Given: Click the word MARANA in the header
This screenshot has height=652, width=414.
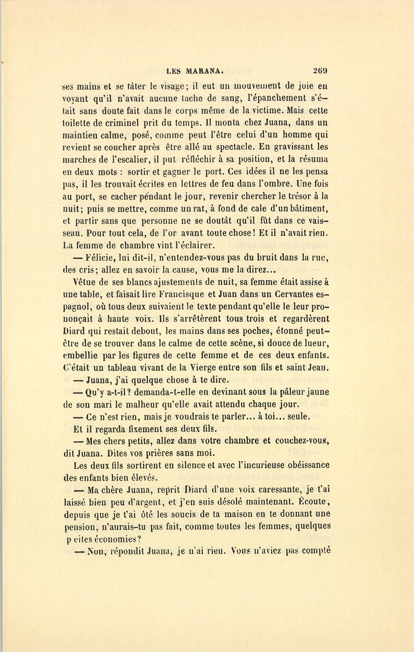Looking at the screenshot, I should coord(205,71).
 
